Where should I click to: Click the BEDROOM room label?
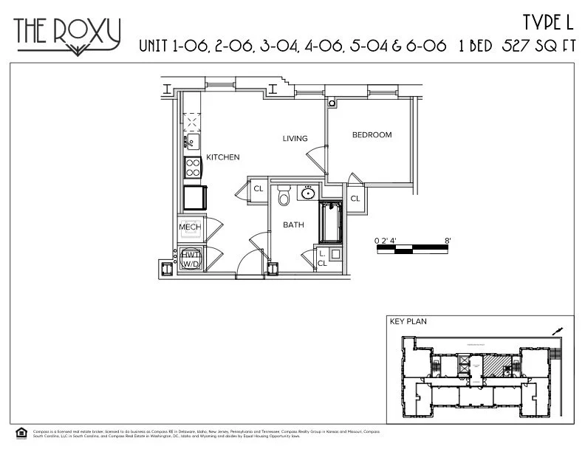372,135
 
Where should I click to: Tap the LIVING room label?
295,139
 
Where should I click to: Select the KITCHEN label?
222,157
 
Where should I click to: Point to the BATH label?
293,225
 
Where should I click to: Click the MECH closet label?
190,227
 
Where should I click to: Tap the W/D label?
190,264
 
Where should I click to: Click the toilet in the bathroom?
283,197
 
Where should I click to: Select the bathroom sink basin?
308,194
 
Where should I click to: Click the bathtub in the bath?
330,222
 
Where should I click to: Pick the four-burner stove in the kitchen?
193,168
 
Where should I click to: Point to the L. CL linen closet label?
322,258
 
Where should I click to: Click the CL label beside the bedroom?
355,198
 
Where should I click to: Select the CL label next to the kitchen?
259,189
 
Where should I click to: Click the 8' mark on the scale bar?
448,240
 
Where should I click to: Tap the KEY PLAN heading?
408,322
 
